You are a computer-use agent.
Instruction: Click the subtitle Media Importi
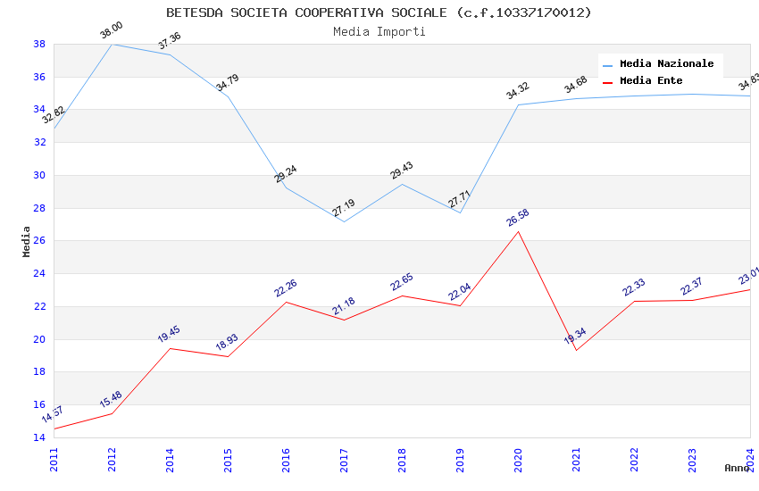click(x=379, y=31)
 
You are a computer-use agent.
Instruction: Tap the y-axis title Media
click(x=27, y=241)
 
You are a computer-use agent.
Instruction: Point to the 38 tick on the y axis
click(x=39, y=44)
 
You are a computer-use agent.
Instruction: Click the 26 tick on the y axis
click(x=39, y=241)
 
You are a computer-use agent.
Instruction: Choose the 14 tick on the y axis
click(x=39, y=437)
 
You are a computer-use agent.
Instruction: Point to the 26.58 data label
click(x=518, y=218)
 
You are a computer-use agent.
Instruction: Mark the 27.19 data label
click(x=344, y=208)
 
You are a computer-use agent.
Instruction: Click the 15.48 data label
click(x=112, y=399)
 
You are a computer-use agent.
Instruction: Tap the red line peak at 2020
click(x=518, y=231)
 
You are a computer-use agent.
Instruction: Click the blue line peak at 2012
click(x=112, y=44)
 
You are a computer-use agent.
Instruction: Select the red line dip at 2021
click(x=576, y=350)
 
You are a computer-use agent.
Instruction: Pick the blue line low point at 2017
click(x=344, y=221)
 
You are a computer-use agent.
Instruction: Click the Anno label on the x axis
click(x=737, y=468)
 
